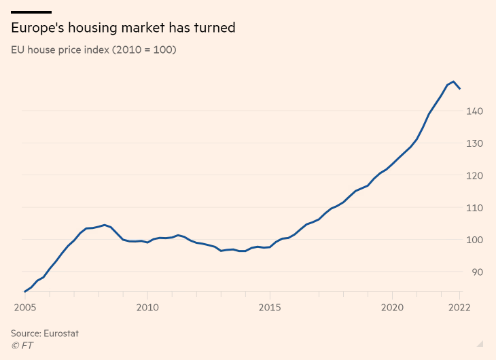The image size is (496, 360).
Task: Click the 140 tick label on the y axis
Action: point(474,111)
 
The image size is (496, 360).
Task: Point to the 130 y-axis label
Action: point(474,143)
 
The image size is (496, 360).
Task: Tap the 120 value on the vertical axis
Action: point(474,175)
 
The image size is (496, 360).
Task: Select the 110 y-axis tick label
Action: point(474,208)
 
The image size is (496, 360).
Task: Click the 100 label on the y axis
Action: point(474,240)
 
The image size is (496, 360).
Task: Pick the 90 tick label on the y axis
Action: point(476,272)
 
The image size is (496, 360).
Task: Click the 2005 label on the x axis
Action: point(24,307)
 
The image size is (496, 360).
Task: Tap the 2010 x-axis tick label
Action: point(147,307)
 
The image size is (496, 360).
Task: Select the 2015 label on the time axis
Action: point(270,307)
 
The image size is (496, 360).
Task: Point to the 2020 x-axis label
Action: point(393,307)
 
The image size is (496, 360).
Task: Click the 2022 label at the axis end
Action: point(459,307)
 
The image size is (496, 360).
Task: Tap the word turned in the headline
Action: point(213,28)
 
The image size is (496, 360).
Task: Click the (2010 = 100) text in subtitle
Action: point(141,50)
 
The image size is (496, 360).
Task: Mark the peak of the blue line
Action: point(454,82)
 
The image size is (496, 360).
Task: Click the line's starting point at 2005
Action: point(24,291)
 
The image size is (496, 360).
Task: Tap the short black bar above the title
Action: point(31,12)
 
